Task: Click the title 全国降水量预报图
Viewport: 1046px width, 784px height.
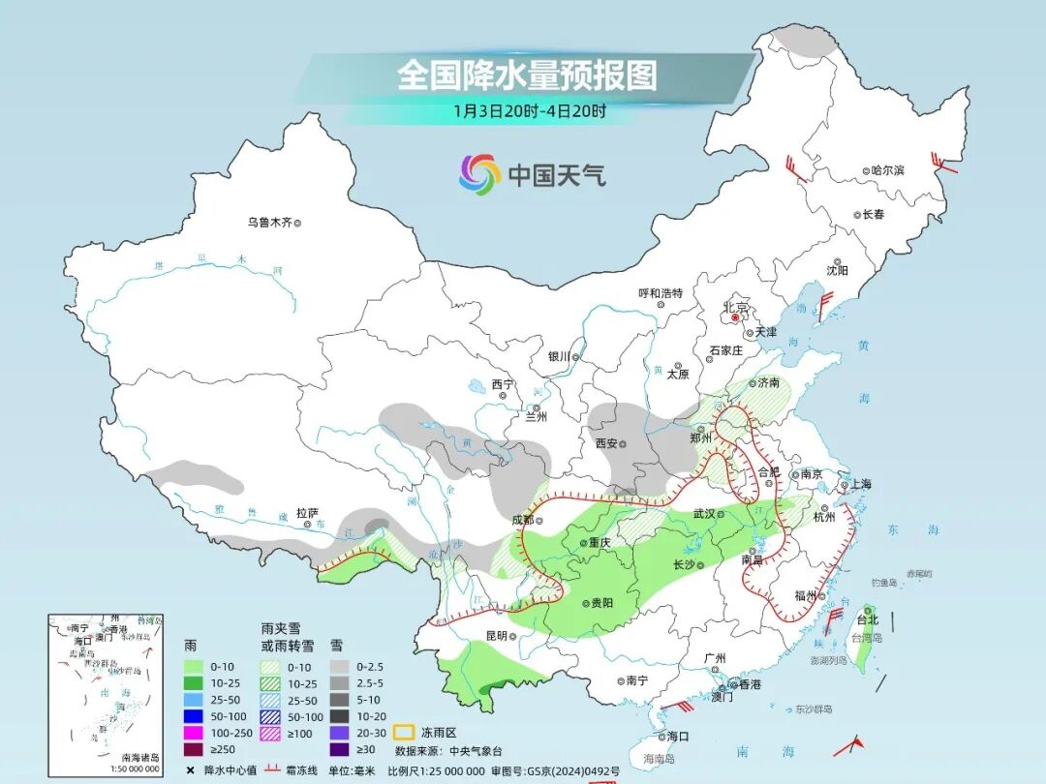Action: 527,75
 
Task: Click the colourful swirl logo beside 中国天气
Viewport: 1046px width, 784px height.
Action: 479,174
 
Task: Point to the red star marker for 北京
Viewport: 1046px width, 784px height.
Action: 736,317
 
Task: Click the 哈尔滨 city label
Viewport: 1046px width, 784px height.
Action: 887,170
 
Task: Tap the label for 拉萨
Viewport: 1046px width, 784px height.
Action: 307,513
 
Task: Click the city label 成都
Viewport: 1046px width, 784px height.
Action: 522,519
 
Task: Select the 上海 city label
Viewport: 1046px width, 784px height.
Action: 858,484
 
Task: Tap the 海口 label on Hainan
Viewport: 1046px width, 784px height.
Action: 677,737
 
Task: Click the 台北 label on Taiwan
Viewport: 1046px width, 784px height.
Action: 867,620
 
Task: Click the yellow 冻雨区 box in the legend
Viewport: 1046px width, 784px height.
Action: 406,733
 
